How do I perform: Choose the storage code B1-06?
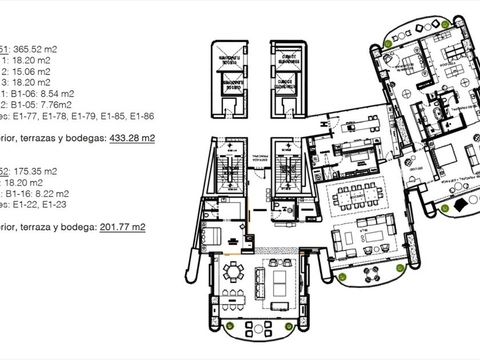tap(31, 94)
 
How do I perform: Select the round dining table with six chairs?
tap(233, 271)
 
